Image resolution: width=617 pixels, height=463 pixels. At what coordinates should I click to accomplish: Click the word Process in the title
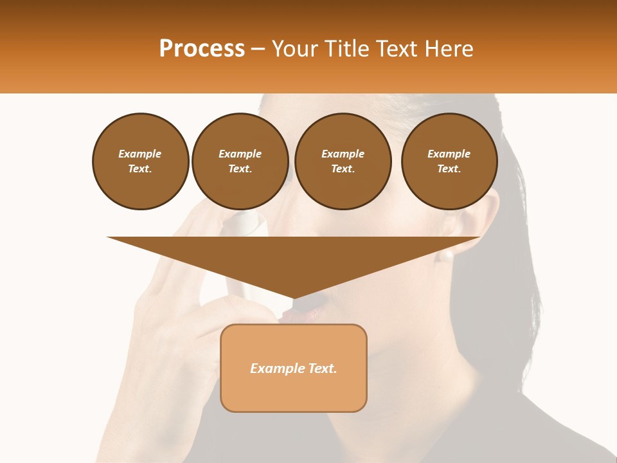click(x=202, y=49)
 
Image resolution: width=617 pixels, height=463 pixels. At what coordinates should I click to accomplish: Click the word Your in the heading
click(x=296, y=49)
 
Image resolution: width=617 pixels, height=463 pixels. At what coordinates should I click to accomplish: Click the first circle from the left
click(x=141, y=161)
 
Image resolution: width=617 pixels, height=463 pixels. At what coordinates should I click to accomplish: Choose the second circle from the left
click(x=240, y=161)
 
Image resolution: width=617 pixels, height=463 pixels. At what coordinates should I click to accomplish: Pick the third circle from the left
click(x=343, y=161)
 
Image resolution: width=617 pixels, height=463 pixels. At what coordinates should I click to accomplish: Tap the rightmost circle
click(x=449, y=161)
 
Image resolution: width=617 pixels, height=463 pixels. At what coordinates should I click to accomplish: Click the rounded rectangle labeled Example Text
click(x=294, y=368)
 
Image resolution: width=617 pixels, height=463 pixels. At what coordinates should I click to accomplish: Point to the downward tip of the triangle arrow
click(x=294, y=297)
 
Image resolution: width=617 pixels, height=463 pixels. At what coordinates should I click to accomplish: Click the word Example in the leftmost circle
click(x=140, y=154)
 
